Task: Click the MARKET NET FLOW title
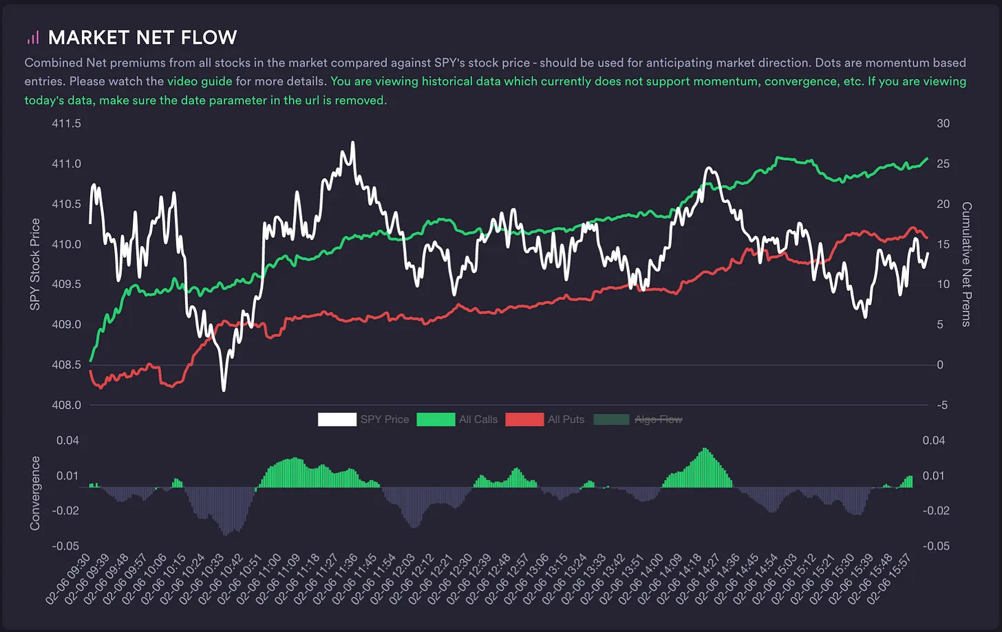tap(142, 37)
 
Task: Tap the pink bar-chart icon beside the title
tap(33, 37)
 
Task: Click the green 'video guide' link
tap(200, 81)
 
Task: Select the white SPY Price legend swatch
tap(337, 419)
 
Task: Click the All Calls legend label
tap(478, 419)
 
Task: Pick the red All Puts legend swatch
tap(524, 419)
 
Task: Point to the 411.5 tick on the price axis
tap(66, 124)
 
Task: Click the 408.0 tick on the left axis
tap(66, 405)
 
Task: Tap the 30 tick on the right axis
tap(943, 124)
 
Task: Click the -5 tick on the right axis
tap(942, 405)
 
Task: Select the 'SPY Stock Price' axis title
tap(35, 264)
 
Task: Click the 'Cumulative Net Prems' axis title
tap(967, 264)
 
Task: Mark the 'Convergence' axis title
tap(35, 493)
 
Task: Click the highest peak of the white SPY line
tap(353, 142)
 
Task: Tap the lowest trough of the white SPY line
tap(224, 390)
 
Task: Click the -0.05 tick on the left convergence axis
tap(66, 546)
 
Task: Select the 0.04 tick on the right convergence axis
tap(934, 441)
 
